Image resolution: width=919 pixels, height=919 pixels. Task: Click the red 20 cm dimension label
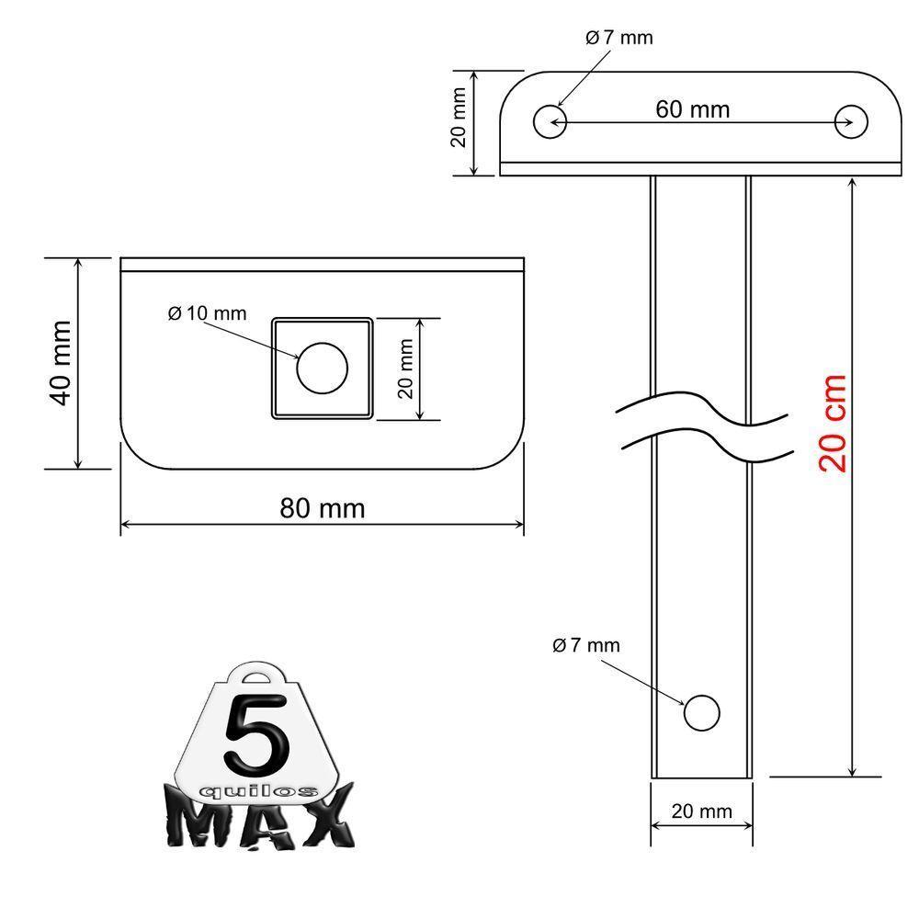coord(833,423)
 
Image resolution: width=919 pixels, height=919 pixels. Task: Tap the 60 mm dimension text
coord(693,109)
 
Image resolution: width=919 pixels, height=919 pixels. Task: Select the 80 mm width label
coord(322,508)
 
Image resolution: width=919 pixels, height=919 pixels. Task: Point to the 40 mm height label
coord(61,363)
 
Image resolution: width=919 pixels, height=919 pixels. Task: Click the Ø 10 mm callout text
coord(207,313)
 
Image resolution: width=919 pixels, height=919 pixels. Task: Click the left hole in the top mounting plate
coord(550,121)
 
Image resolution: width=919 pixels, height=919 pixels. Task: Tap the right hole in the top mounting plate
coord(851,121)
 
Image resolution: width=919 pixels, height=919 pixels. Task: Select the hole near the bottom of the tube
coord(701,712)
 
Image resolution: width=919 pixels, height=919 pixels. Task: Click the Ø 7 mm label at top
coord(618,38)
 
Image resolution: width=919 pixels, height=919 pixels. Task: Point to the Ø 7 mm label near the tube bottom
coord(586,645)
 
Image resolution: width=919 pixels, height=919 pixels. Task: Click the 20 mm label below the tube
coord(702,811)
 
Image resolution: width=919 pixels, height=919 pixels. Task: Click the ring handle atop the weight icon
coord(259,677)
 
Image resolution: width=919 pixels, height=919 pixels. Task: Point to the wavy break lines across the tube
coord(703,425)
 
